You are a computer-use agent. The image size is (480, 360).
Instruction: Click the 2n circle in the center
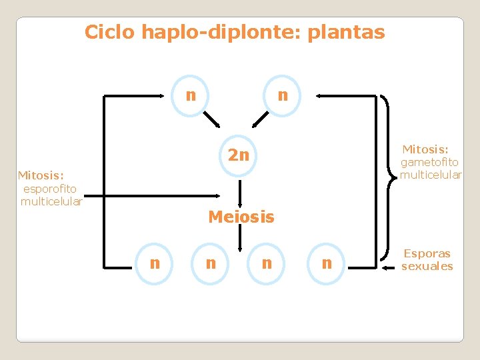(239, 156)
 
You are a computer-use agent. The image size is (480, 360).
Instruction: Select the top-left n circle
(191, 95)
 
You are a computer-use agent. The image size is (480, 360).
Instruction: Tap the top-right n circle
(283, 95)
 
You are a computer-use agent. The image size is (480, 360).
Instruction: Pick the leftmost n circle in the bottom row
(155, 263)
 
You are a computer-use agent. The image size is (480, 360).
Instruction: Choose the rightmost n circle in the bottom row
(327, 263)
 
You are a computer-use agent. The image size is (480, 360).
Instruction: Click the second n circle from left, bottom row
(211, 263)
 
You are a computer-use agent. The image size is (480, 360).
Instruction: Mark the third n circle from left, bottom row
(267, 263)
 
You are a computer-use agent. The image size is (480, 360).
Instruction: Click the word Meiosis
(241, 217)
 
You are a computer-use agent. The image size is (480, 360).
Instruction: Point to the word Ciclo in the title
(108, 32)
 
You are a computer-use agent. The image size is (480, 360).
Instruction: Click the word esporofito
(50, 189)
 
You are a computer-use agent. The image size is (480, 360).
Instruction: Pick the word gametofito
(429, 162)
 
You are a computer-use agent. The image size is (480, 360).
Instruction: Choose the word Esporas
(427, 253)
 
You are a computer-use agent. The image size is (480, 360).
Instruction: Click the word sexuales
(427, 266)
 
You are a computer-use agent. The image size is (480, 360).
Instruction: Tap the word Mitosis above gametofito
(425, 149)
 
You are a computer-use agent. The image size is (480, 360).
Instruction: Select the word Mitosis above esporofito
(41, 176)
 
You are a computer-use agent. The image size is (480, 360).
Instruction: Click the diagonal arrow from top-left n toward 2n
(212, 119)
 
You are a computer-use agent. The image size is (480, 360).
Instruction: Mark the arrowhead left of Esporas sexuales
(387, 267)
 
